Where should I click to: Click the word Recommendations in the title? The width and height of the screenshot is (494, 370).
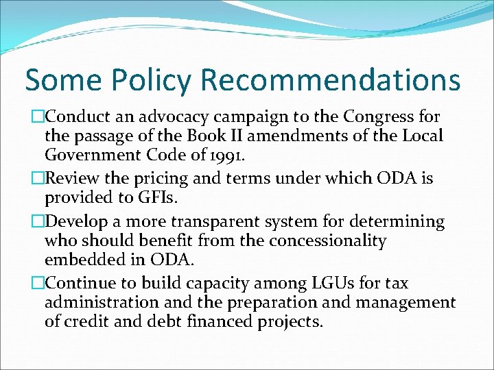coord(331,80)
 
